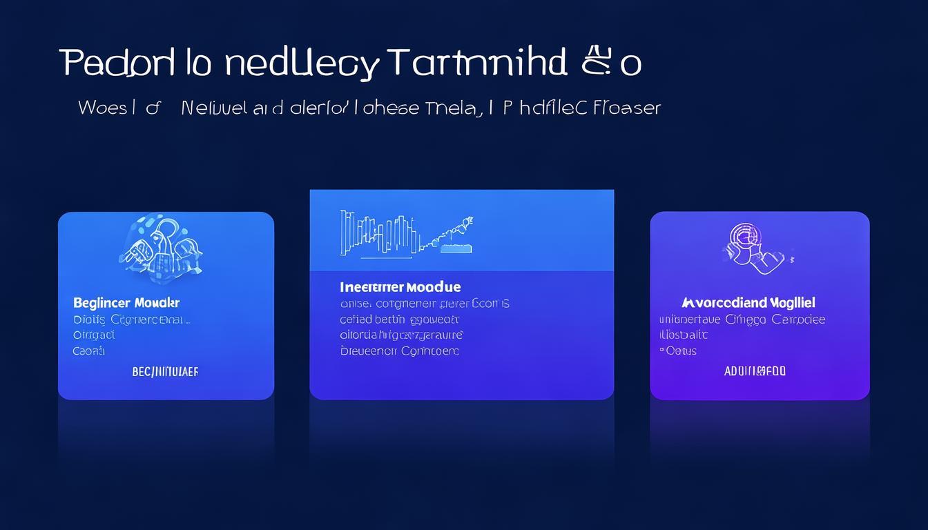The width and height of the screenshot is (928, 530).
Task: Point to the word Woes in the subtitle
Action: (x=102, y=108)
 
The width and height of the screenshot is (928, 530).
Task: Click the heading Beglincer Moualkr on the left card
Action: (x=126, y=303)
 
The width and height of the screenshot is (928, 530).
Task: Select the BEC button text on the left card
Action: (x=165, y=372)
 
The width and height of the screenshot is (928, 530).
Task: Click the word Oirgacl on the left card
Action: (x=94, y=335)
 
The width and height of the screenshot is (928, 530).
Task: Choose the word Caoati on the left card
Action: (x=89, y=351)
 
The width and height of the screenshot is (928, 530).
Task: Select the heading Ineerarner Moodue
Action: (x=400, y=286)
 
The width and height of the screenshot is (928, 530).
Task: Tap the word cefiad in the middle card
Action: (x=355, y=320)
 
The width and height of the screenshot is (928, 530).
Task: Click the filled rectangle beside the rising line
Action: (x=456, y=247)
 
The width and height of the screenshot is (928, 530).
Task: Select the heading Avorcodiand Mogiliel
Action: (x=748, y=303)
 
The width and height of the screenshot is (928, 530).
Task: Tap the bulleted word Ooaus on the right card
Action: (x=681, y=351)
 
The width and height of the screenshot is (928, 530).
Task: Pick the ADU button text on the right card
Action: (x=755, y=371)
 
